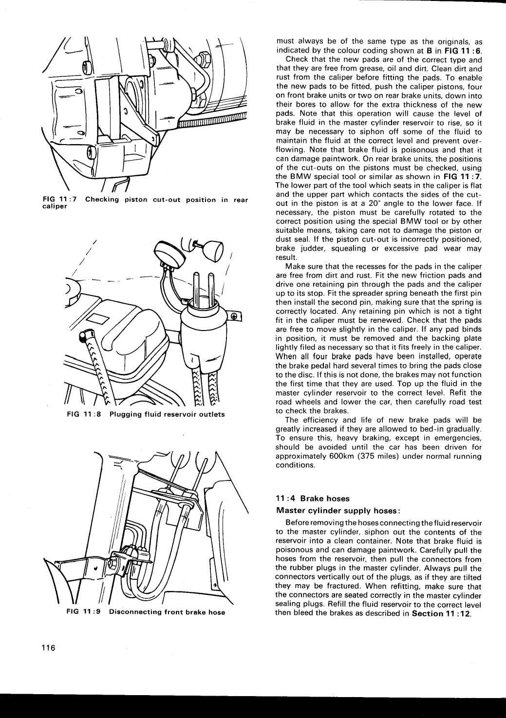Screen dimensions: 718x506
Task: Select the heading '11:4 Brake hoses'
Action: (x=313, y=498)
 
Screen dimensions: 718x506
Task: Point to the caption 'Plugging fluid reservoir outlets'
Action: (x=167, y=414)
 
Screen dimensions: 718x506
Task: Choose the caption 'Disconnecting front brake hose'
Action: (x=167, y=612)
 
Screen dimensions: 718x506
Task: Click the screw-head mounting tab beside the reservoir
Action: (x=234, y=316)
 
